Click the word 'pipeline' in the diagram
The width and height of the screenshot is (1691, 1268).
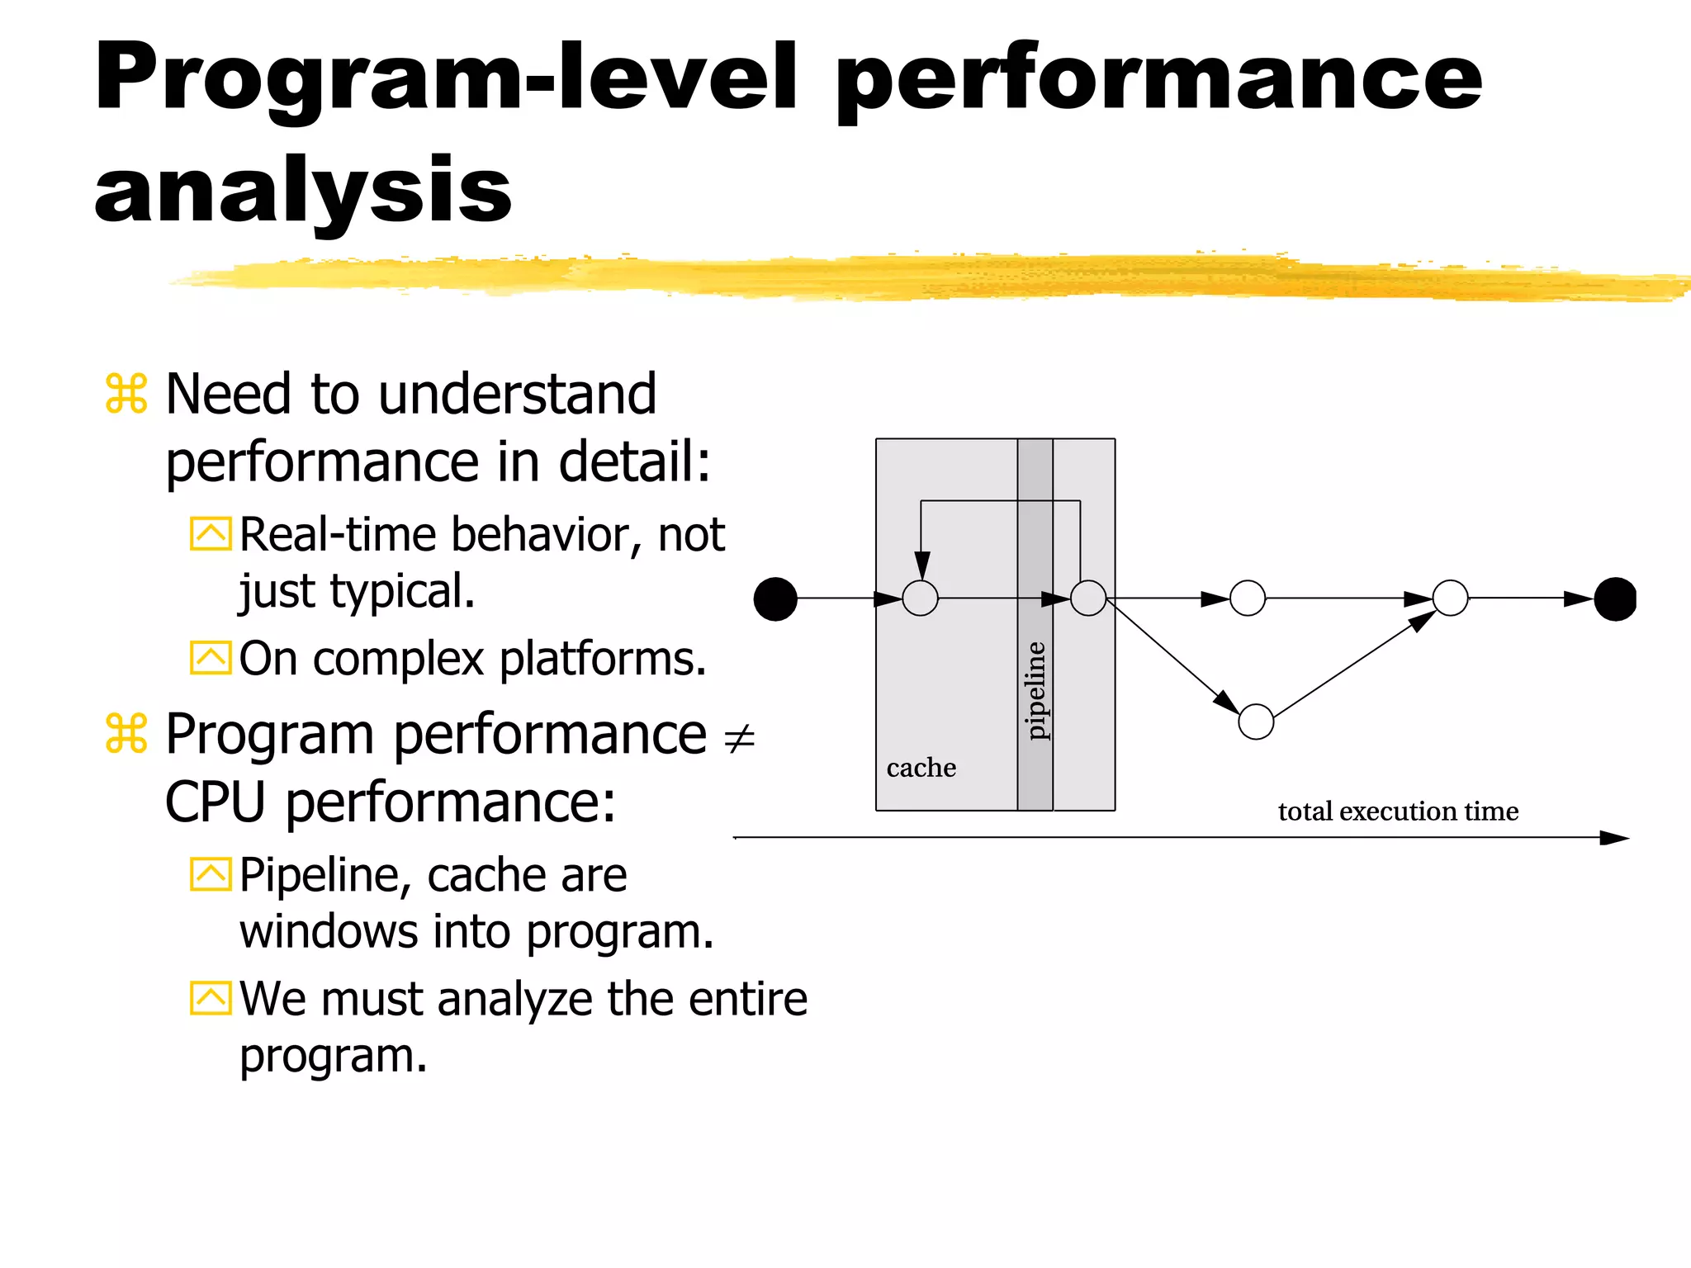pyautogui.click(x=1035, y=690)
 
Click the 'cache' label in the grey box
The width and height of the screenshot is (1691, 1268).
pyautogui.click(x=921, y=768)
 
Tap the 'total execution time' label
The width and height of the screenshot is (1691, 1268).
pyautogui.click(x=1397, y=811)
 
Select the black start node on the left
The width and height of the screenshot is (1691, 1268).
pyautogui.click(x=775, y=599)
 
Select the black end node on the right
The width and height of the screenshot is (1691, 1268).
pyautogui.click(x=1615, y=599)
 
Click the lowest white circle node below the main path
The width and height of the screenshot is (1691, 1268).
pyautogui.click(x=1256, y=722)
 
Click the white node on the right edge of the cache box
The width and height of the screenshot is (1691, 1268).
pyautogui.click(x=1087, y=598)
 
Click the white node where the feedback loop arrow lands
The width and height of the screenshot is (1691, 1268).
pyautogui.click(x=920, y=598)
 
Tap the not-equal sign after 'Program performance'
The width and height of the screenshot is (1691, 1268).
pyautogui.click(x=739, y=737)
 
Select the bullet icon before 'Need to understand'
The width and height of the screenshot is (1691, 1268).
pyautogui.click(x=126, y=394)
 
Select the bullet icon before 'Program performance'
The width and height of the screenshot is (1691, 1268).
pyautogui.click(x=126, y=734)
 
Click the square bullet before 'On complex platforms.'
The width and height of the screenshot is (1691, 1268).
pyautogui.click(x=211, y=658)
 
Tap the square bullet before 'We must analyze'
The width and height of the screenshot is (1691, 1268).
pyautogui.click(x=211, y=998)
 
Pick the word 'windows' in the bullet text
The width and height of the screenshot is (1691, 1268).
pyautogui.click(x=329, y=932)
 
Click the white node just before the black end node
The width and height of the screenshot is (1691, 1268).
pyautogui.click(x=1450, y=598)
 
